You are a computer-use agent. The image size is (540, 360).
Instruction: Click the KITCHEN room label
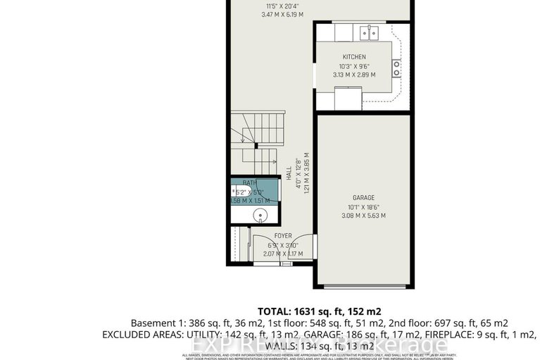click(354, 56)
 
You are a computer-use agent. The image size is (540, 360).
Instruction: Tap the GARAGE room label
click(363, 198)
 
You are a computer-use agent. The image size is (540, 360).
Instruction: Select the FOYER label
click(283, 236)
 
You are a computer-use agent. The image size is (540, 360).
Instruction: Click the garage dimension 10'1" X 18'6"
click(363, 207)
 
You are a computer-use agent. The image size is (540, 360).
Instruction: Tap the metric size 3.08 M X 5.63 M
click(363, 216)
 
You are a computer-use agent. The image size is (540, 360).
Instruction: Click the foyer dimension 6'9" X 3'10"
click(283, 245)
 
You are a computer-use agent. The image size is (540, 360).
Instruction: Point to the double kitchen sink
click(368, 32)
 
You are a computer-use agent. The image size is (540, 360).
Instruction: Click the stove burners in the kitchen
click(398, 68)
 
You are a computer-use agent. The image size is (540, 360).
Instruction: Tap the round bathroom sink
click(261, 216)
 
